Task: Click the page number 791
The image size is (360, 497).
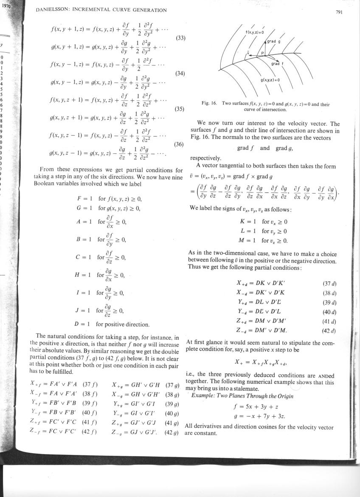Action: [338, 12]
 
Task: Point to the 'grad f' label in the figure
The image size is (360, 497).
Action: [278, 64]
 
